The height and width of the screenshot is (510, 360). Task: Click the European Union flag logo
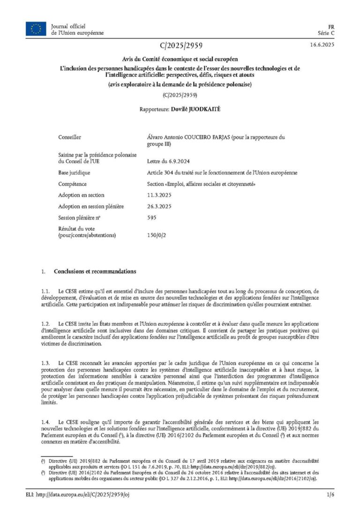[36, 29]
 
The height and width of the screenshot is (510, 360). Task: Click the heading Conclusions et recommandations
[95, 271]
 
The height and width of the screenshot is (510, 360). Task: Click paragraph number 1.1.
[45, 291]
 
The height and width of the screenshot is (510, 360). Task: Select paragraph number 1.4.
[45, 422]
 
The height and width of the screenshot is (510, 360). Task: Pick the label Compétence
[72, 184]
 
